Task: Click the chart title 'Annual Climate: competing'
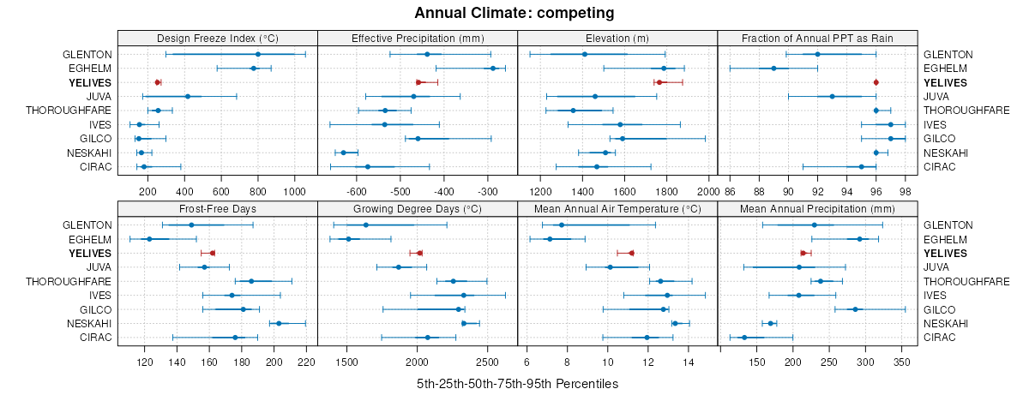tap(514, 13)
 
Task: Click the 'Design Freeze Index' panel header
tap(217, 38)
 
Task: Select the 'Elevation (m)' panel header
tap(617, 38)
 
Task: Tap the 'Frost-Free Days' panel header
tap(217, 208)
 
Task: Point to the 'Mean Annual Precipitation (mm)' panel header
tap(817, 208)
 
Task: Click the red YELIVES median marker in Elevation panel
tap(659, 82)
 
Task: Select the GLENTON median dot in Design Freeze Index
tap(257, 54)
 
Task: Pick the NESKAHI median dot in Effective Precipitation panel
tap(344, 153)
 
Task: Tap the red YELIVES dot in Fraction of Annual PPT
tap(876, 82)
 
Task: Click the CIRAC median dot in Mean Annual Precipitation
tap(744, 338)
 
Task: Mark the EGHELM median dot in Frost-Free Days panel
tap(149, 239)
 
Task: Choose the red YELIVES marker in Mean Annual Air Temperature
tap(631, 253)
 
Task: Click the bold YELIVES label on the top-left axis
tap(89, 82)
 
